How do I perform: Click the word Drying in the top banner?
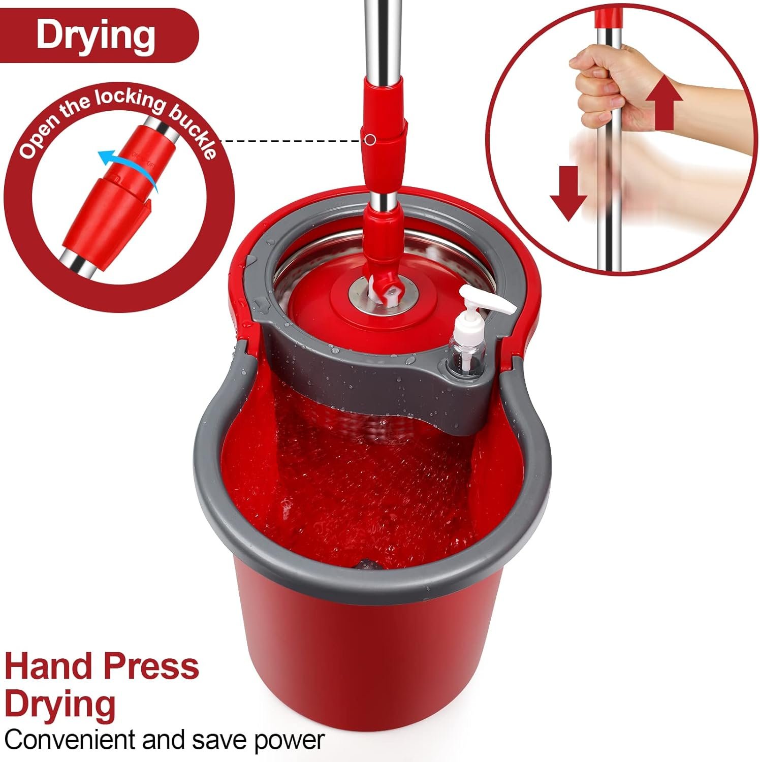95,36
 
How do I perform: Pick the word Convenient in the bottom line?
71,740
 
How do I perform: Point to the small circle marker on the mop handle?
371,138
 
